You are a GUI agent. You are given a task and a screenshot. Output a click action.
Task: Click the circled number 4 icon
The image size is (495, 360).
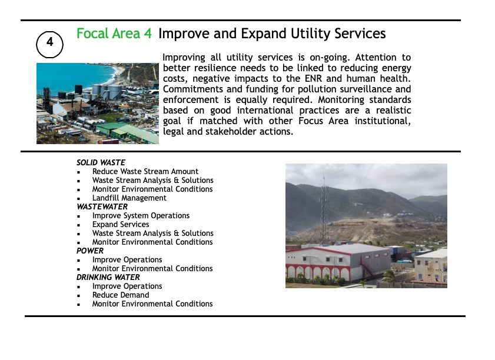click(49, 45)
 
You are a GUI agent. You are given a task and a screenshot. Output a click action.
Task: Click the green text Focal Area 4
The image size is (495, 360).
click(114, 34)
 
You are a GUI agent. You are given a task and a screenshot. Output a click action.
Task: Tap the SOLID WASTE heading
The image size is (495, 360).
click(101, 162)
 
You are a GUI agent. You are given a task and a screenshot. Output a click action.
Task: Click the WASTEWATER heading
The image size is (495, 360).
click(102, 206)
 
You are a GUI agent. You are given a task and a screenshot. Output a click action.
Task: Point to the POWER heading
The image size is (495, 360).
click(90, 251)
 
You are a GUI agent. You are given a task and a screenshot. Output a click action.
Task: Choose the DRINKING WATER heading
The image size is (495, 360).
click(108, 277)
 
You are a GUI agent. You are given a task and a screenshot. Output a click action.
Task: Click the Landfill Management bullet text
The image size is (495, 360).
click(129, 198)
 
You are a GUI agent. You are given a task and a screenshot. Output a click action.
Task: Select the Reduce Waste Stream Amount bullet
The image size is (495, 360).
click(145, 171)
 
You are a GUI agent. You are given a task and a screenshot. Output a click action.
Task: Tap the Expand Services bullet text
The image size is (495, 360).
click(121, 224)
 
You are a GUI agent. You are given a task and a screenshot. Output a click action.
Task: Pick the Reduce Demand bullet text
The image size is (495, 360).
click(121, 295)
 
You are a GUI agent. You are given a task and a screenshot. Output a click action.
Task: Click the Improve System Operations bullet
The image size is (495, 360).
click(141, 215)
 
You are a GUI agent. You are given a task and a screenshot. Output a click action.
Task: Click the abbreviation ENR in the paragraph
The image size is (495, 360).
click(313, 78)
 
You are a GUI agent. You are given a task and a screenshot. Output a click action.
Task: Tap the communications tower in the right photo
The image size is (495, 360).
click(324, 209)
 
